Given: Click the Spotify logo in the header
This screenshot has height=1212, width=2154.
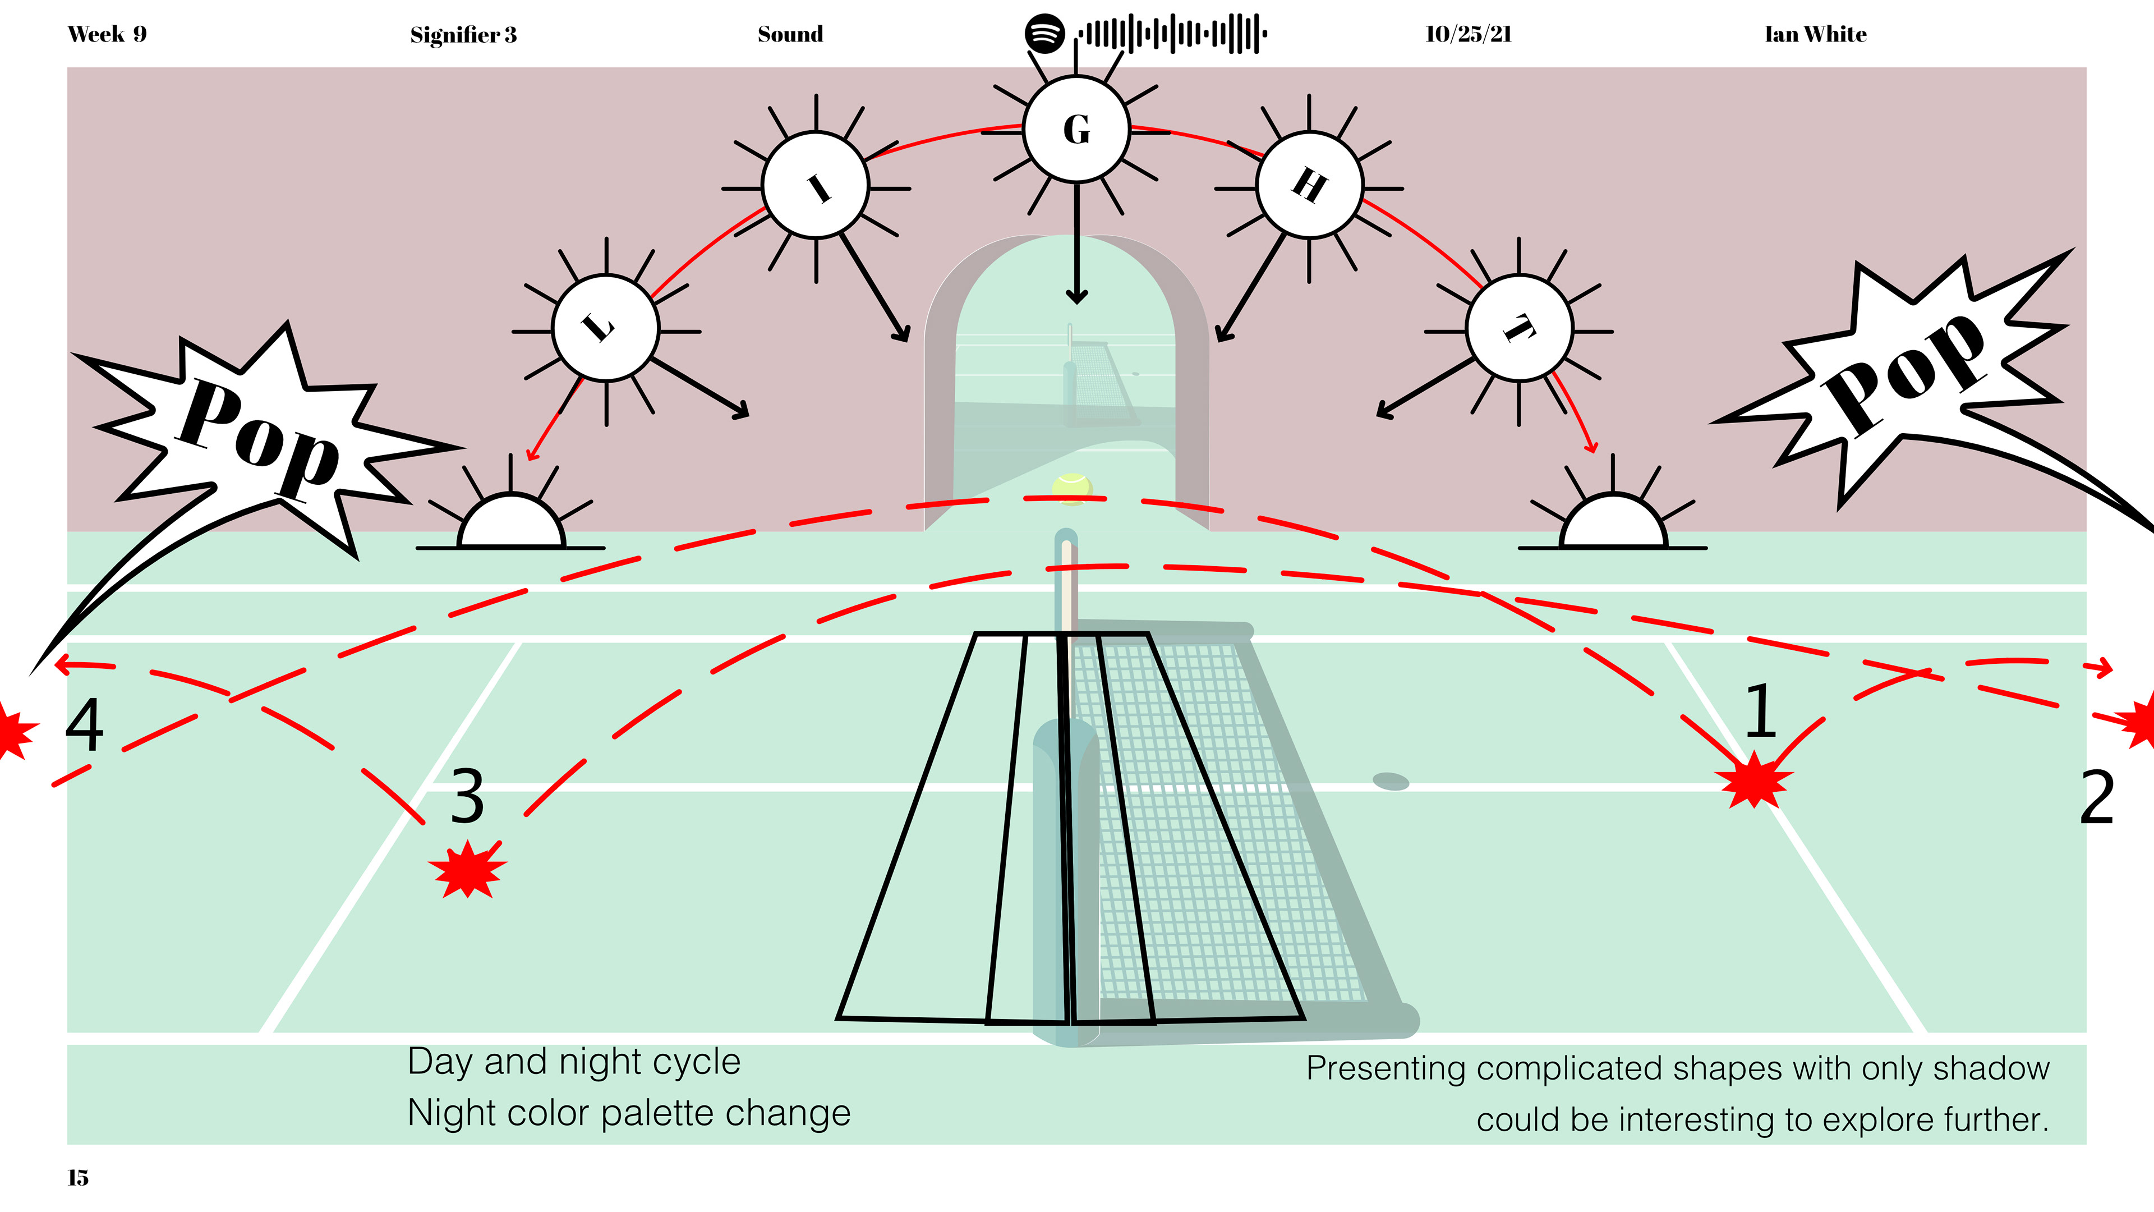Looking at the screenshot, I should click(1044, 34).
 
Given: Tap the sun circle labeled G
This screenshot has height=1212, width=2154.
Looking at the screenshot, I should click(1076, 129).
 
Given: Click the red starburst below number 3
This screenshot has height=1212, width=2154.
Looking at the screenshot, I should click(467, 870).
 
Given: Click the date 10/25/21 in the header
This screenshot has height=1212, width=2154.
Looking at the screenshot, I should click(1469, 34).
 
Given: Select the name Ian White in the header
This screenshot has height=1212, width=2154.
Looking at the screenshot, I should click(1815, 34).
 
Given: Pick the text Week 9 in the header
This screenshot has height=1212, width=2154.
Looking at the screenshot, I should click(107, 34).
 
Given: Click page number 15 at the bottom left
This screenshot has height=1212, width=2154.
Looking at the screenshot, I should click(78, 1178).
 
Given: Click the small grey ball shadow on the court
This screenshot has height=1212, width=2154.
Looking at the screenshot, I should click(1391, 781).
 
